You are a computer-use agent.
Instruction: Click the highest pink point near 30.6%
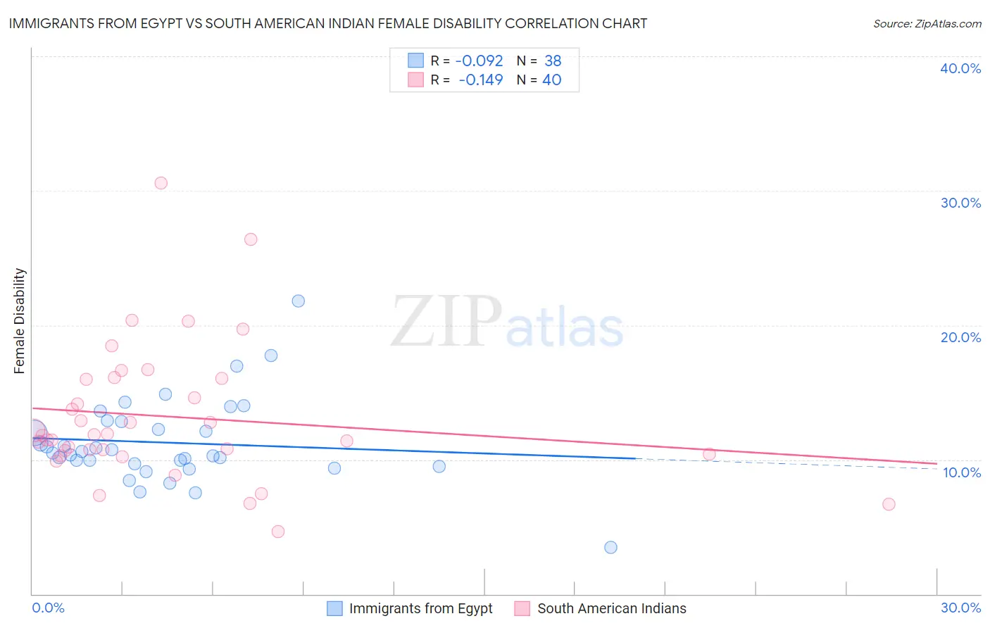(x=161, y=183)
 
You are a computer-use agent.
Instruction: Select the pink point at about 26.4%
(x=251, y=239)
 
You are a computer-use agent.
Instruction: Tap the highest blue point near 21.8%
(x=299, y=301)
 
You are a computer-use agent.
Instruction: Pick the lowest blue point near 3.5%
(x=610, y=547)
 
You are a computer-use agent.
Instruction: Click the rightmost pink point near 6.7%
(x=889, y=504)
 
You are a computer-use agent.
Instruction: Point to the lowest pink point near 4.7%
(x=278, y=532)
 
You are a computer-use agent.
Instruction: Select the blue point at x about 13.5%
(x=439, y=466)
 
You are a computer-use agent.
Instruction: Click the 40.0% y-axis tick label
(x=960, y=68)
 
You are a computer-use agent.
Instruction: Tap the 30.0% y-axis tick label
(x=960, y=203)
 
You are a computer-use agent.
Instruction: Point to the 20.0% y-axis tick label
(x=960, y=337)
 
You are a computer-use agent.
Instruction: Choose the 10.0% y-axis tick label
(x=962, y=472)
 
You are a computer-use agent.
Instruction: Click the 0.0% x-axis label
(x=48, y=608)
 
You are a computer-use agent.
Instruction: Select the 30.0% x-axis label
(x=960, y=608)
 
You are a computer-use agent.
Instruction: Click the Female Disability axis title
(x=20, y=321)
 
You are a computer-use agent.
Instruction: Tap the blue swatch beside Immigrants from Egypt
(x=334, y=608)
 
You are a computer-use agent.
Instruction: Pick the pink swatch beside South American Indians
(x=522, y=608)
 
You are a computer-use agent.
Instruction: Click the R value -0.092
(x=479, y=61)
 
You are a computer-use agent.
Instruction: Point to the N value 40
(x=551, y=80)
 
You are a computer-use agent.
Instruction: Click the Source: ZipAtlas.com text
(x=927, y=24)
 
